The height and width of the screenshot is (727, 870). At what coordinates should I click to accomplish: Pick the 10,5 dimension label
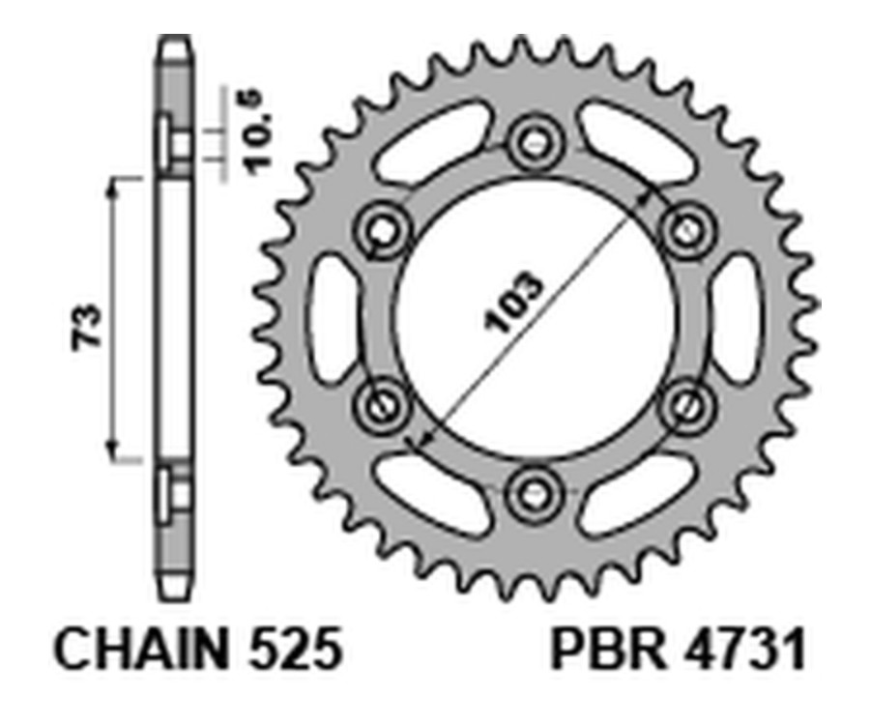point(253,132)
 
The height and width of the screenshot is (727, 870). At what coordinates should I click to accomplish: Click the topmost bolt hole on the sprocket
point(533,146)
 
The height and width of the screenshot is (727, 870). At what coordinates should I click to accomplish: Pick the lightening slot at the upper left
point(431,144)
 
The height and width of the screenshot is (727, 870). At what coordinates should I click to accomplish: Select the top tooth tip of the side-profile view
point(174,41)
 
